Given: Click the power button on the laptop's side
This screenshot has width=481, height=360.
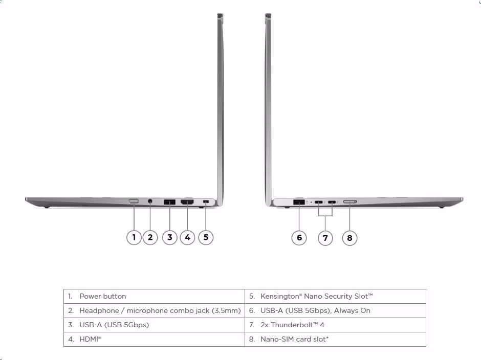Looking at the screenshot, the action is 134,201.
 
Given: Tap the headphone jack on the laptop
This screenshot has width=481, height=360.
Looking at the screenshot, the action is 150,201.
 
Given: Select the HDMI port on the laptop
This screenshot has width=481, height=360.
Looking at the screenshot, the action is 187,202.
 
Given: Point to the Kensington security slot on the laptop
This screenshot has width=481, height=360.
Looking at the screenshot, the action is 206,202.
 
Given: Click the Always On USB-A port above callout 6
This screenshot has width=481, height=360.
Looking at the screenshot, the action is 299,202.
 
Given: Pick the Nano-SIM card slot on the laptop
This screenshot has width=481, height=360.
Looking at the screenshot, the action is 349,202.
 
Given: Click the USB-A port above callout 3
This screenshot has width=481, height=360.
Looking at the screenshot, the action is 170,202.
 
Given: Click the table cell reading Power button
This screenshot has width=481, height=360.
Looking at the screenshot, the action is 155,296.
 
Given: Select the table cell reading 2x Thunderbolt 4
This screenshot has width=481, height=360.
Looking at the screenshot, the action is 335,325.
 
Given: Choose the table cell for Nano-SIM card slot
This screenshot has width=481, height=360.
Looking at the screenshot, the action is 335,340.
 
